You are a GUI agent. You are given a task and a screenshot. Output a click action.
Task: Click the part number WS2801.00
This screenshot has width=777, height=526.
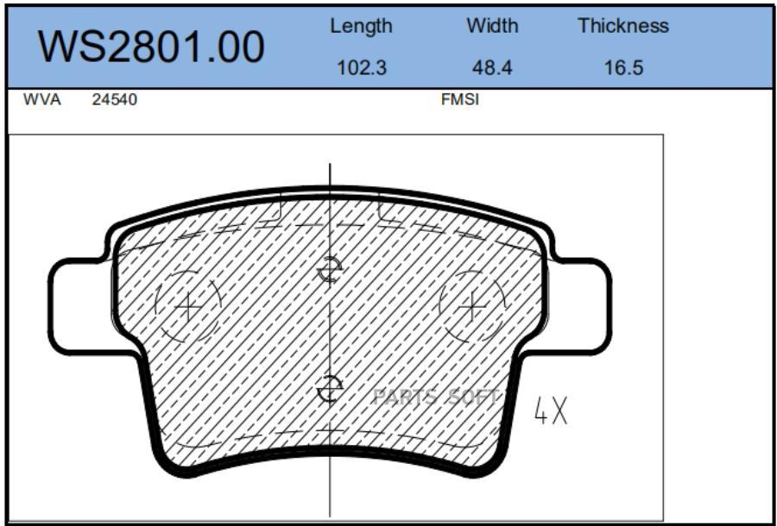coord(151,47)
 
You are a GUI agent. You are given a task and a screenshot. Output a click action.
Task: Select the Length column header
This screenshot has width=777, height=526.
coord(361,27)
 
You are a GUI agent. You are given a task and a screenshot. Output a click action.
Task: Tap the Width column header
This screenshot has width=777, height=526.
coord(492,26)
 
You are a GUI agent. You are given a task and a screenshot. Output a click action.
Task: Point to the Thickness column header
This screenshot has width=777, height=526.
coord(623,26)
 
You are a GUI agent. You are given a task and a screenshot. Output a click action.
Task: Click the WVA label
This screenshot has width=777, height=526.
coord(42,100)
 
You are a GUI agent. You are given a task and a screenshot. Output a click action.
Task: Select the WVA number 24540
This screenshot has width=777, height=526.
coord(115,100)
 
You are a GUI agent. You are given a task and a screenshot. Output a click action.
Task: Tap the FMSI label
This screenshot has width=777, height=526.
coord(460,100)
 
